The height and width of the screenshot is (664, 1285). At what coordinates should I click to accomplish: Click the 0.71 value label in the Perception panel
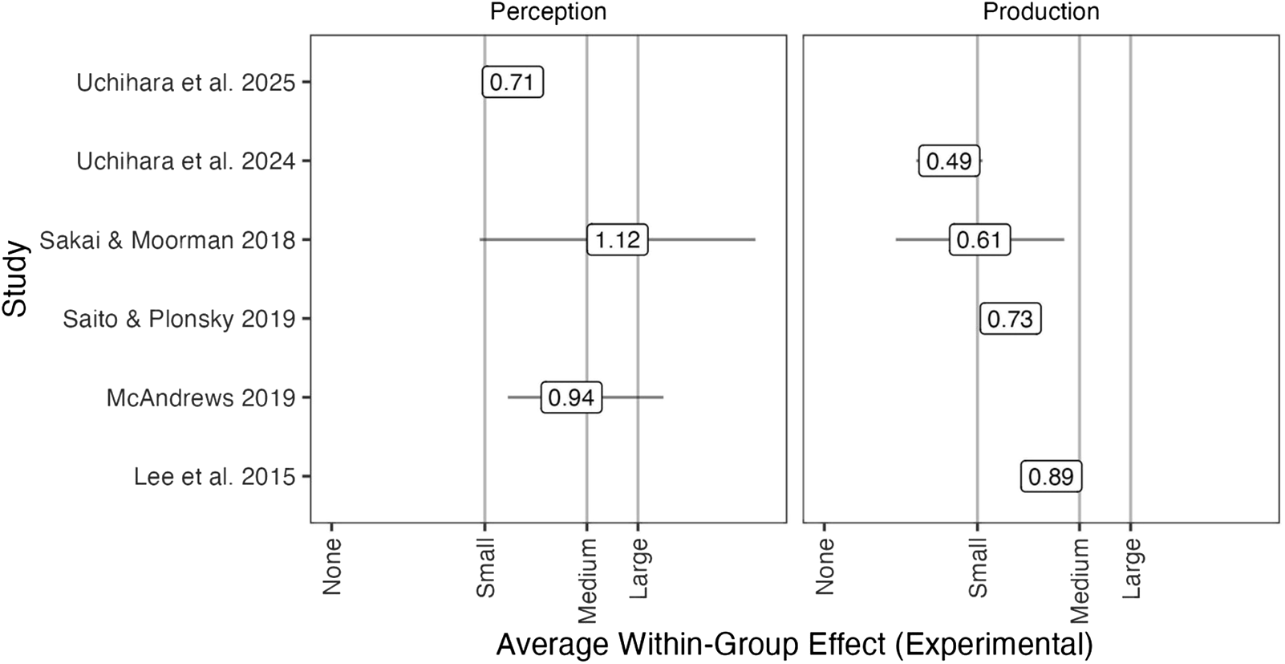coord(513,83)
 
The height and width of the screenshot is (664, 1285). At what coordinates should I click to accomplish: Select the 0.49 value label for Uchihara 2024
coord(949,161)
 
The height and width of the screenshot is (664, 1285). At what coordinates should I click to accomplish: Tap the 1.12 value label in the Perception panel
coord(617,240)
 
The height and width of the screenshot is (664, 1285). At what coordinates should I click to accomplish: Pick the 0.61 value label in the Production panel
coord(979,240)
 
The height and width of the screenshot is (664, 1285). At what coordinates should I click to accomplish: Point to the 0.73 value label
coord(1010,320)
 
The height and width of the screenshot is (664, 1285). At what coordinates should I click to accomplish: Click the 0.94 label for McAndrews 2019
coord(571,398)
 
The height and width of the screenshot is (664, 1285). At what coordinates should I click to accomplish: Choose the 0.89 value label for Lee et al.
coord(1051,477)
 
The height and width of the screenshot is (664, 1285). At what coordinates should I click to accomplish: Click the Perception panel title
coord(548,12)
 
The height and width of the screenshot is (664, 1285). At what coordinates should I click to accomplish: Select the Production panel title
coord(1040,12)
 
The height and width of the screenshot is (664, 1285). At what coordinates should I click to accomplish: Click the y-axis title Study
coord(14,279)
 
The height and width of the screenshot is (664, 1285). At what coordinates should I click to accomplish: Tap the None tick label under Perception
coord(332,566)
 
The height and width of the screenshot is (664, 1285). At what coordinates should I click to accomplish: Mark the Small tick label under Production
coord(978,568)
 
